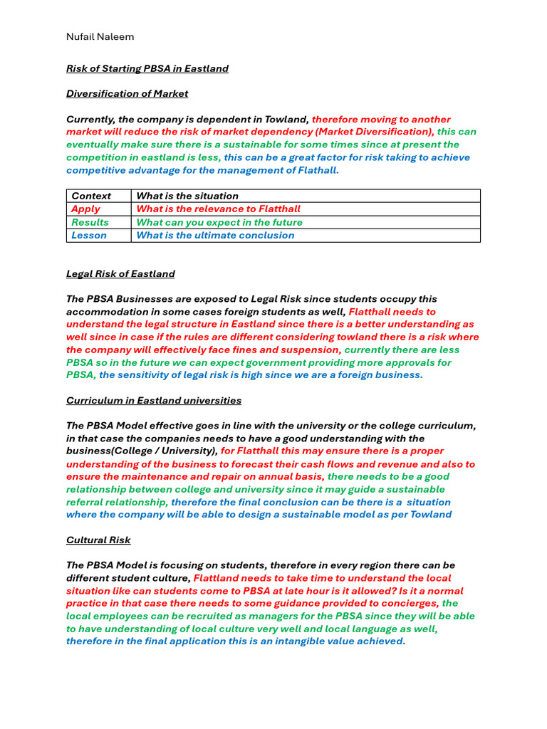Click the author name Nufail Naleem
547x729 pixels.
[100, 36]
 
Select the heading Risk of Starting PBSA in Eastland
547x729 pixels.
[147, 68]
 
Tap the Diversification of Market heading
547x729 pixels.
[127, 93]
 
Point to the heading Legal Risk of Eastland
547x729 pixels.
[120, 273]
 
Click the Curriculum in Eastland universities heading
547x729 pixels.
[154, 400]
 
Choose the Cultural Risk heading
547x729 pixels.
[98, 540]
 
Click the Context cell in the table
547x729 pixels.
[91, 196]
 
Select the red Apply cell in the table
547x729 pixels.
[85, 209]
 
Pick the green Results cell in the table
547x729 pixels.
[90, 222]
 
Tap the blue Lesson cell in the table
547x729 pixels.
[89, 235]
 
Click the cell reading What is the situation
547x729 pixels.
[187, 196]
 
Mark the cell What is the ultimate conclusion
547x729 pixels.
[215, 235]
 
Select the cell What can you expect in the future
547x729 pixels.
[219, 222]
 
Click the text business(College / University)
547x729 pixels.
[142, 451]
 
